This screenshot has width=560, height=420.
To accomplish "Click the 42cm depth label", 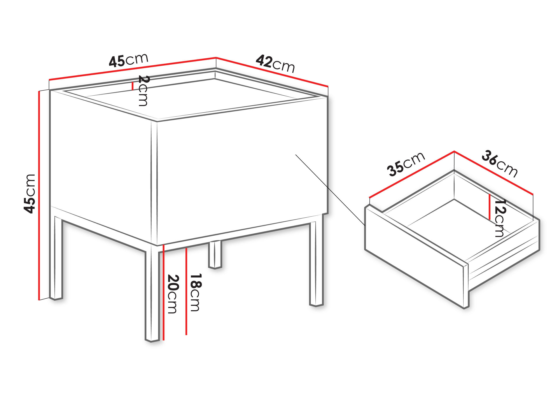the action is click(275, 63).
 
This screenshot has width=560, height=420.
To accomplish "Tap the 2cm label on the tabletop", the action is click(143, 91).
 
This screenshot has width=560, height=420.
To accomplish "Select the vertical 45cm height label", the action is click(29, 194).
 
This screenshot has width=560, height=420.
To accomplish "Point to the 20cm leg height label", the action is click(173, 294).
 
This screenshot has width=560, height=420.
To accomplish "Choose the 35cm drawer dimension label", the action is click(406, 164).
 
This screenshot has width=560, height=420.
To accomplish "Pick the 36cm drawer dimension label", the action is click(499, 164).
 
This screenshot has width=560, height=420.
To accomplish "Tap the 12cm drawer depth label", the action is click(500, 218).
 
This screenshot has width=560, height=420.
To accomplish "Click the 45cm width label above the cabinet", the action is click(129, 60).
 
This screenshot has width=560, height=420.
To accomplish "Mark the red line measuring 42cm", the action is click(272, 72).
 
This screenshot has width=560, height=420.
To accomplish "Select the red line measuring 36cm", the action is click(494, 173).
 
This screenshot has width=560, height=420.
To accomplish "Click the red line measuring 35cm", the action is click(412, 174).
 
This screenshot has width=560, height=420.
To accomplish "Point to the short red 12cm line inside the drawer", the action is click(490, 207).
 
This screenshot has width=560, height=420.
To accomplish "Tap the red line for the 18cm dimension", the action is click(186, 291).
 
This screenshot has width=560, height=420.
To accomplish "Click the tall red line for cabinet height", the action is click(39, 195).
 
